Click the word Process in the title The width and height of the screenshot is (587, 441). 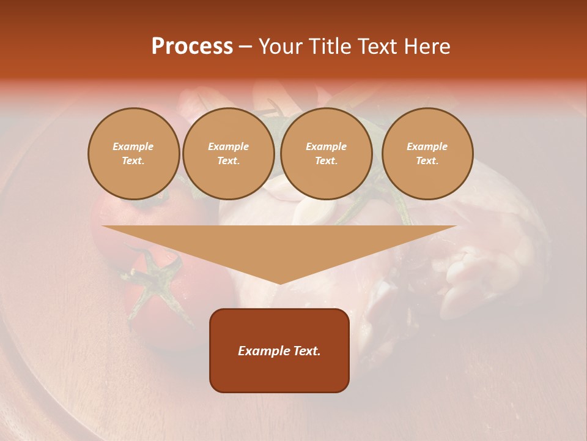tap(192, 47)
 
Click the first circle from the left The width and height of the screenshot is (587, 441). tap(133, 154)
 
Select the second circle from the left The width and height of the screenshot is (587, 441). tap(229, 154)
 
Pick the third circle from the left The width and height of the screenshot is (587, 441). tap(327, 154)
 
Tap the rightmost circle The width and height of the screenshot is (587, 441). tap(427, 154)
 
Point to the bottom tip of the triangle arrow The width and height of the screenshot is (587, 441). tap(279, 284)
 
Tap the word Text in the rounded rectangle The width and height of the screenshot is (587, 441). tap(306, 351)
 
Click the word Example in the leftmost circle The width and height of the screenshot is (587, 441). tap(133, 147)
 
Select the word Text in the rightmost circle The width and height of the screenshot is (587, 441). tap(427, 161)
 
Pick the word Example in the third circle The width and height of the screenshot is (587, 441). tap(327, 147)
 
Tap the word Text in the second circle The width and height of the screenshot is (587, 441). tap(228, 161)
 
